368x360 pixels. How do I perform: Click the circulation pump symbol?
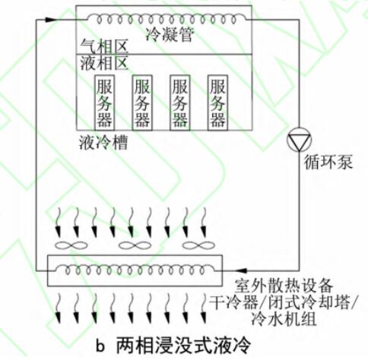click(299, 140)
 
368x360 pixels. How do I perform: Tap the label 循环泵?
click(328, 162)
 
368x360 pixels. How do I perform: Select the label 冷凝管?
click(170, 34)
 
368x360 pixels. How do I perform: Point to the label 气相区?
click(104, 46)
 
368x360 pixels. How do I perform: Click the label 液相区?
click(104, 63)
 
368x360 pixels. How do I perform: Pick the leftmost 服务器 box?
click(104, 103)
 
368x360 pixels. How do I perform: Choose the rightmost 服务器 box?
click(217, 103)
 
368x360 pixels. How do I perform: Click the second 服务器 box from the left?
click(142, 103)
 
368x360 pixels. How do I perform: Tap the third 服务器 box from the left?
click(179, 103)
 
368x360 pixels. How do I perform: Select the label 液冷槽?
click(103, 142)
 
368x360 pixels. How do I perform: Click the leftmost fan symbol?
click(71, 245)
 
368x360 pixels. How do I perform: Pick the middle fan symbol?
click(135, 245)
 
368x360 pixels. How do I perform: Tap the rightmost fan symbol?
click(198, 245)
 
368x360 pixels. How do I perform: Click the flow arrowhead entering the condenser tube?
click(51, 20)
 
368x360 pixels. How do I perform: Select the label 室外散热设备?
click(283, 286)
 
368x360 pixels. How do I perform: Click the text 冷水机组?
click(284, 318)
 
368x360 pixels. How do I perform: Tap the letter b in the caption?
click(100, 346)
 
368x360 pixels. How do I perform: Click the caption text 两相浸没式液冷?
click(183, 345)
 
